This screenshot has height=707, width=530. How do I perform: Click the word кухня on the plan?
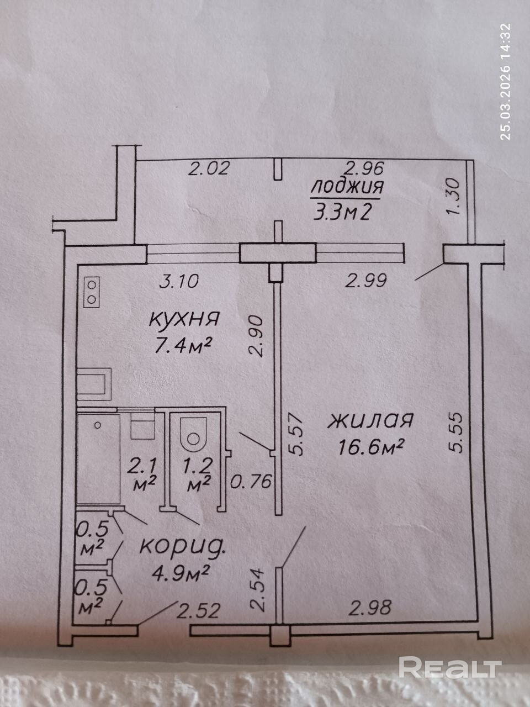[x=185, y=319]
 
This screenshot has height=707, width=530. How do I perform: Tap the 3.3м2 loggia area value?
[x=341, y=212]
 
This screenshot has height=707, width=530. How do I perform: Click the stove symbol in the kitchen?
[x=92, y=292]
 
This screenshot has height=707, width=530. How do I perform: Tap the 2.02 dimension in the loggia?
[x=208, y=168]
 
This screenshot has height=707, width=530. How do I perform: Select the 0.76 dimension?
[x=252, y=482]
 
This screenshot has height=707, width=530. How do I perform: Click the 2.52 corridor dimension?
[x=198, y=610]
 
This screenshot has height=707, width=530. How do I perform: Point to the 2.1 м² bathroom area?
[x=142, y=473]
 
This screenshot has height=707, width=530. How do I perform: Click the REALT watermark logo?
[x=450, y=668]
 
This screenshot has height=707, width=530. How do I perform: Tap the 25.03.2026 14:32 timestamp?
[x=506, y=81]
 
